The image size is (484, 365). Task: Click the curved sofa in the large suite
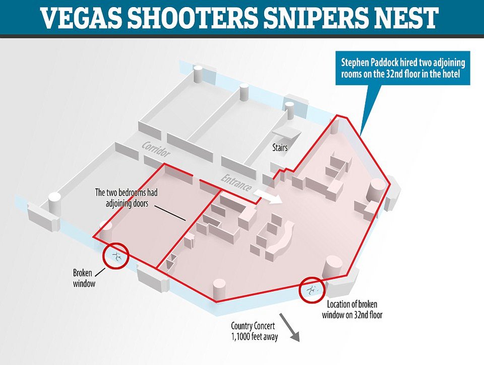click(279, 237)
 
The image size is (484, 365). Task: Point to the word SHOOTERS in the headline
click(192, 18)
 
